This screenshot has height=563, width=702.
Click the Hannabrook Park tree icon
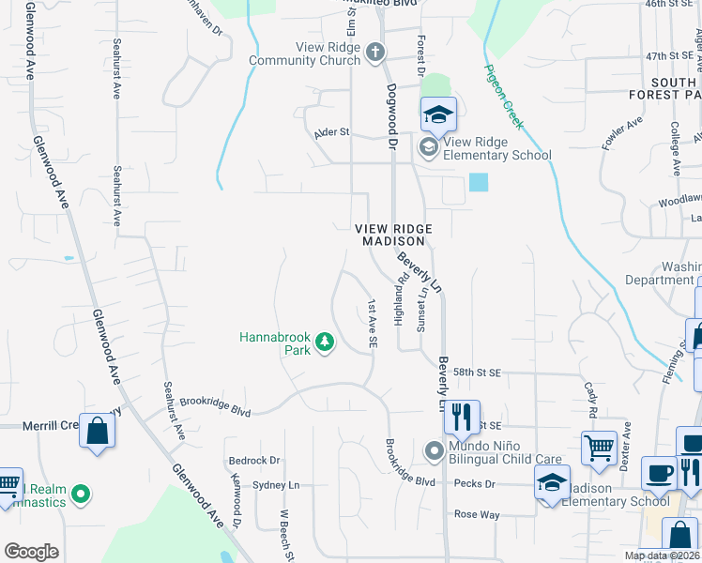[x=325, y=342]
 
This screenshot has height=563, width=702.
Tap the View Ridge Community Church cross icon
[x=374, y=52]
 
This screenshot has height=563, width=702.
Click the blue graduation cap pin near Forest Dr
[x=437, y=115]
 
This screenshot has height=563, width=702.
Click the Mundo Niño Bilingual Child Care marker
[x=434, y=451]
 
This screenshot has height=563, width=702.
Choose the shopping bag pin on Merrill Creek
[x=98, y=432]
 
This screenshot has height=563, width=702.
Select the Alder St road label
[x=331, y=133]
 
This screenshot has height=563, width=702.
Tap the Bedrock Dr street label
[x=254, y=461]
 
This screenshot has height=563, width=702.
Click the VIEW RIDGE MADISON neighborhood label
[x=394, y=235]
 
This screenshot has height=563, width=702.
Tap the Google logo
[x=31, y=552]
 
